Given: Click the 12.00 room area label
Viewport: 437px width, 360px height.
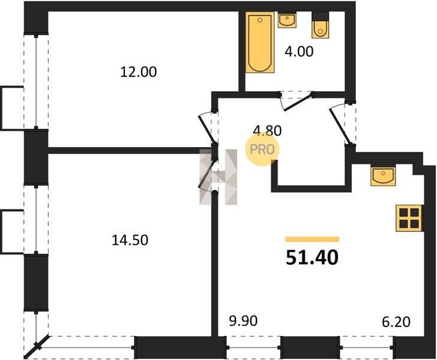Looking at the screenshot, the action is point(139,72).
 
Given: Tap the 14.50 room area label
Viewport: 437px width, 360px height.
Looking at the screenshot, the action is point(130,240).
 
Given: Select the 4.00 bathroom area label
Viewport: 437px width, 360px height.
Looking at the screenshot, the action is point(299,52).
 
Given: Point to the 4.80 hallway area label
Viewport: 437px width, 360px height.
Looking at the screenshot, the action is point(267,130).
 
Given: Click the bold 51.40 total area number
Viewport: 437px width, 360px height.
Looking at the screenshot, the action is point(312,257).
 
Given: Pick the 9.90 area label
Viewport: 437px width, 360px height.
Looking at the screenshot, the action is point(243,321).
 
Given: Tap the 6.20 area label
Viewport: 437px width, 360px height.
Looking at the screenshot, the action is point(396,322).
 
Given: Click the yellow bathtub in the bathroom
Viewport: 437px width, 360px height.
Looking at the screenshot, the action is point(260,43).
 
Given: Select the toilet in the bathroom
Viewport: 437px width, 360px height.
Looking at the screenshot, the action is point(320,25).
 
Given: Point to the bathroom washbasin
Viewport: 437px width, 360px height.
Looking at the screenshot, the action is point(287,20).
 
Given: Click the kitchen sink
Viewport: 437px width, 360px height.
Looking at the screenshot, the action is point(383,176).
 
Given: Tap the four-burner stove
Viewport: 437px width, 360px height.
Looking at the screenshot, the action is point(409,218).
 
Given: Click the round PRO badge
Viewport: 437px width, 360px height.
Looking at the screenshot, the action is point(262,149).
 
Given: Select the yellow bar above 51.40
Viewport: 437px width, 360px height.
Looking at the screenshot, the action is point(312,239).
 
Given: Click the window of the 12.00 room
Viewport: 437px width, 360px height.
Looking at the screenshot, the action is point(36,82).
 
